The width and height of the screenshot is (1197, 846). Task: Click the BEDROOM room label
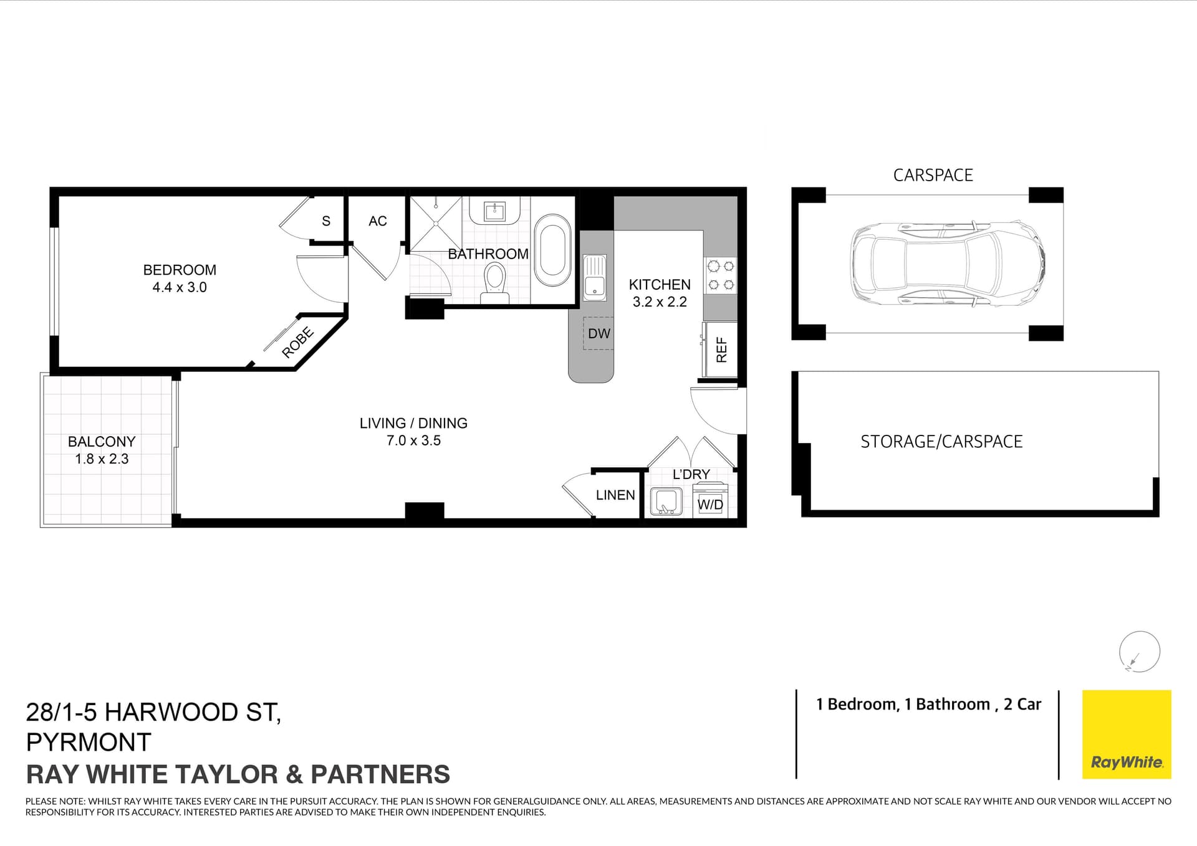(180, 270)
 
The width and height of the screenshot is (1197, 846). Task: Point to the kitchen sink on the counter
(595, 278)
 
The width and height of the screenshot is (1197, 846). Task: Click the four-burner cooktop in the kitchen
(721, 275)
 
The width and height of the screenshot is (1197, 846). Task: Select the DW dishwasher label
(598, 333)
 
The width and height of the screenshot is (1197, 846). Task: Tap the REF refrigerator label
(721, 349)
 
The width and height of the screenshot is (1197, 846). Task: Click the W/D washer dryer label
(710, 504)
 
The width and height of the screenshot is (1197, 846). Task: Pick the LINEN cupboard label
(615, 495)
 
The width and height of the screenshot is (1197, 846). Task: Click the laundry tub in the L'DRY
(665, 501)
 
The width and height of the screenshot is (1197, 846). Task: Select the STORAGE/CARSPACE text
(941, 442)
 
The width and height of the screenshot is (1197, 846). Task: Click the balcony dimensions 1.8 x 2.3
(102, 459)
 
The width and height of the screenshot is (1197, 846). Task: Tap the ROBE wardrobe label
(297, 343)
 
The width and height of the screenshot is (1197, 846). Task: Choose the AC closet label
(377, 221)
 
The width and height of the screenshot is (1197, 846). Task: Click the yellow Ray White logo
(1126, 734)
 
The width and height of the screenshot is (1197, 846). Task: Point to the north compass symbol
(1139, 652)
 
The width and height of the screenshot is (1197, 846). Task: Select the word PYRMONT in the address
(89, 742)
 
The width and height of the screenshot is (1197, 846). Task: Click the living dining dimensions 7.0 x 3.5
(413, 440)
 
